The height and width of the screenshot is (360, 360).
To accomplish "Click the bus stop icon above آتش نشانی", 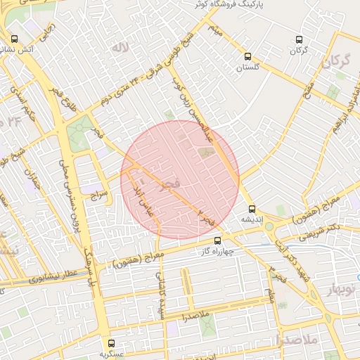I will [15, 39].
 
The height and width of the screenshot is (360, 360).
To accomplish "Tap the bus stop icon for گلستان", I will [247, 56].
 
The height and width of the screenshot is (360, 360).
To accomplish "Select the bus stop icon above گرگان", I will [300, 39].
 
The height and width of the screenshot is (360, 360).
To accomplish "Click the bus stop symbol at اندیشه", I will [252, 209].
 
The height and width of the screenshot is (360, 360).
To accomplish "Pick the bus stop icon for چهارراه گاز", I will [217, 240].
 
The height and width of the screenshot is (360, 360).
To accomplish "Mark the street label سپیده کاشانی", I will [162, 300].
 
